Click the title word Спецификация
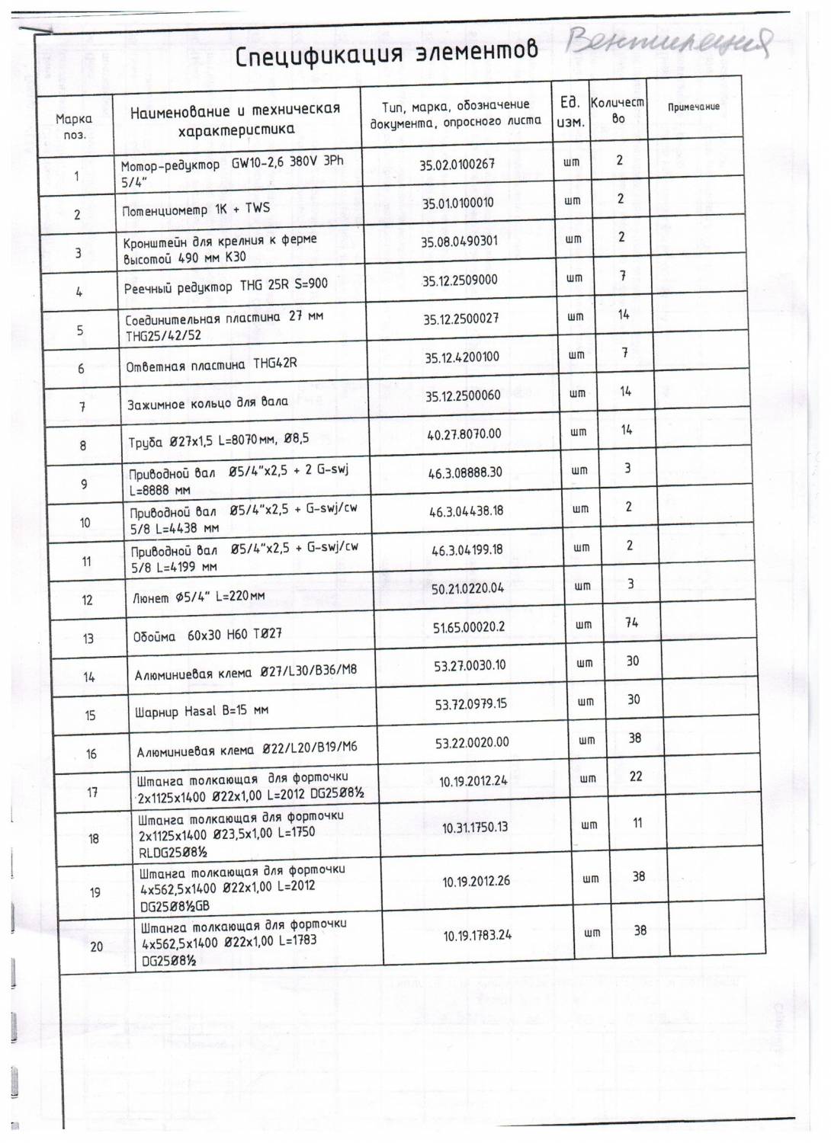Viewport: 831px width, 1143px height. click(318, 56)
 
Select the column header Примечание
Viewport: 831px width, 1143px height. click(694, 107)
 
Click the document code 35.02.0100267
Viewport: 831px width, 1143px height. click(457, 164)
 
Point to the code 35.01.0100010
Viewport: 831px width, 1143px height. click(458, 203)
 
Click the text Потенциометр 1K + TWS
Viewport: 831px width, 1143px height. click(196, 210)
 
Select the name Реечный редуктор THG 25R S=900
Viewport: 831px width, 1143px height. click(226, 287)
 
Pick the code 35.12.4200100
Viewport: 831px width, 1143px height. click(462, 357)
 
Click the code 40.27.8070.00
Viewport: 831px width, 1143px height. click(464, 434)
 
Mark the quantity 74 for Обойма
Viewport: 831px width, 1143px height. click(631, 623)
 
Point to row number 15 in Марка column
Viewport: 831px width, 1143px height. click(90, 715)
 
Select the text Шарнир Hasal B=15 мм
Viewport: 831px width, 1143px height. click(201, 711)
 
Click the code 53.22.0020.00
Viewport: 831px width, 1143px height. click(472, 742)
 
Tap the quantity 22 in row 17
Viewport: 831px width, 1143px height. click(636, 776)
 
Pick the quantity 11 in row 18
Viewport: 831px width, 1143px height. click(637, 823)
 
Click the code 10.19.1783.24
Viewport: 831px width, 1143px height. click(477, 935)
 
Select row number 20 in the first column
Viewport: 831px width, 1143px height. click(97, 946)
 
